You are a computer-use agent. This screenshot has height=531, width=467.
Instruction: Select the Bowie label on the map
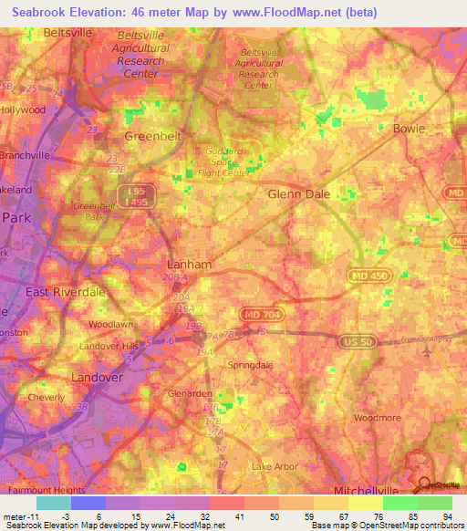pyautogui.click(x=409, y=129)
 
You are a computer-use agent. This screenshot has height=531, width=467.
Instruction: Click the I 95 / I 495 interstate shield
pyautogui.click(x=136, y=194)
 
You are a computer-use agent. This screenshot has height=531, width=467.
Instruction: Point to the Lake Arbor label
pyautogui.click(x=275, y=466)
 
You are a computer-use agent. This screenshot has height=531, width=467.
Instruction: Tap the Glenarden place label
pyautogui.click(x=190, y=393)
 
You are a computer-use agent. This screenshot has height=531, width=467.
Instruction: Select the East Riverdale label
pyautogui.click(x=66, y=292)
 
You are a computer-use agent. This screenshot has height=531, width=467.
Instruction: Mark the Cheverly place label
pyautogui.click(x=47, y=398)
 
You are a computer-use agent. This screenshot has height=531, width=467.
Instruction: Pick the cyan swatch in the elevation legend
pyautogui.click(x=53, y=503)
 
